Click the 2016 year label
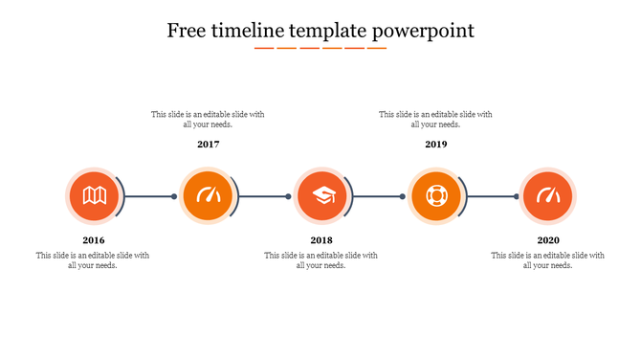click(x=94, y=240)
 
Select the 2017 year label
click(x=209, y=145)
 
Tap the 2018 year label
click(x=321, y=240)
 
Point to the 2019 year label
click(x=436, y=145)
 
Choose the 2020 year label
click(x=548, y=240)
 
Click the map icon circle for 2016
click(x=94, y=196)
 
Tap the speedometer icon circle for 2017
click(x=208, y=196)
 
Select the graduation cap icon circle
click(x=321, y=196)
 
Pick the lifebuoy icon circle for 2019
click(x=435, y=196)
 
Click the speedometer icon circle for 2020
click(x=548, y=196)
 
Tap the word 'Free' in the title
click(x=188, y=31)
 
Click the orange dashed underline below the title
click(x=320, y=47)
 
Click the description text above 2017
click(x=208, y=120)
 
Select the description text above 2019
click(x=435, y=120)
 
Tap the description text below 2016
click(x=93, y=260)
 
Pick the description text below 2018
click(x=320, y=260)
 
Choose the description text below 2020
click(x=547, y=260)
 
